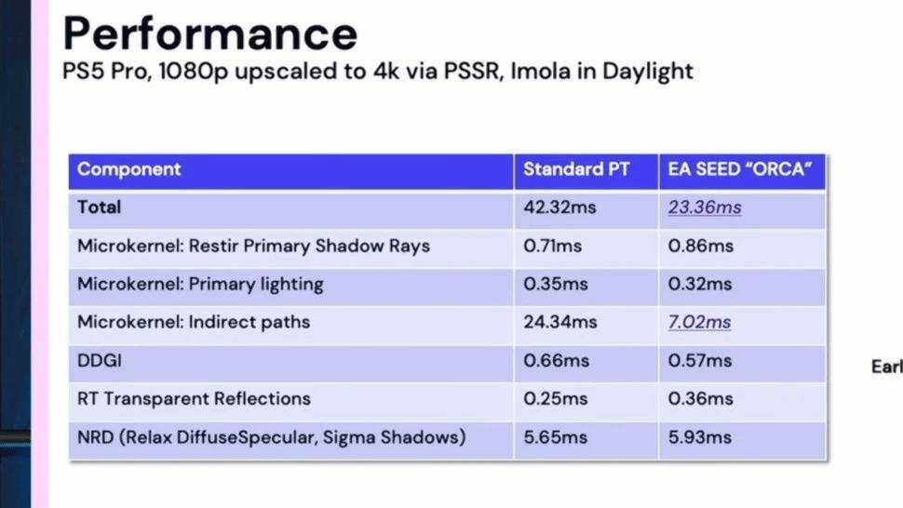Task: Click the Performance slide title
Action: (x=210, y=33)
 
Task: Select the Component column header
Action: (x=129, y=169)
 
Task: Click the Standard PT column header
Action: (x=576, y=169)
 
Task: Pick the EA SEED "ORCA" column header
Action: (x=740, y=169)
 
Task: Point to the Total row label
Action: (x=99, y=207)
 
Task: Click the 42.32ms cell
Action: (x=559, y=207)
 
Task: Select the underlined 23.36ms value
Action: (x=705, y=207)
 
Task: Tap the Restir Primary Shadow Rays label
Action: (x=309, y=247)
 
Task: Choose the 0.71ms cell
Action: (x=552, y=247)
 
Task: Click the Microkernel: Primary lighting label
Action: (x=200, y=284)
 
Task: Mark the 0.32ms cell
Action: (x=700, y=284)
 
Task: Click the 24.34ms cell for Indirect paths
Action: (x=560, y=322)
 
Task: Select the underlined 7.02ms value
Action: (x=700, y=322)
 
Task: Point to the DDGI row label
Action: (x=100, y=361)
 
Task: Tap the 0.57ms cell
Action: (x=700, y=361)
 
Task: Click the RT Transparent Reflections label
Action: (x=194, y=399)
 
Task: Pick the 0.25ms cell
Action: (x=556, y=399)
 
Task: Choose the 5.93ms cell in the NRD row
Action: (x=700, y=437)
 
